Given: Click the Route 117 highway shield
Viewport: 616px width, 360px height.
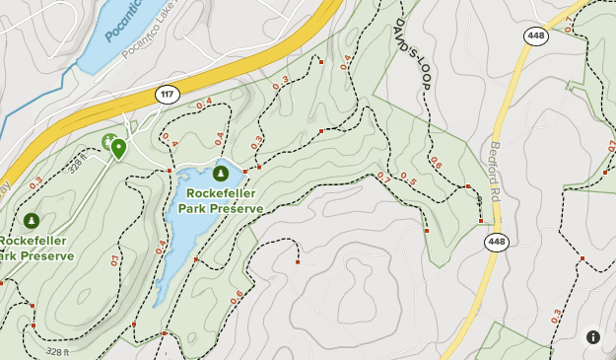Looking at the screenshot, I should [x=167, y=95].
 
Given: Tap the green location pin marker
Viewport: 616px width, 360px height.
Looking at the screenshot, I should [x=119, y=148].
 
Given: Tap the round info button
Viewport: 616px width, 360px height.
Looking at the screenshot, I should [x=593, y=337].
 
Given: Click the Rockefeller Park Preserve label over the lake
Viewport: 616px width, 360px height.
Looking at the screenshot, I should [x=224, y=201].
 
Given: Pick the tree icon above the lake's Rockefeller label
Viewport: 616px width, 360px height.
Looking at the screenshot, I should [x=220, y=174].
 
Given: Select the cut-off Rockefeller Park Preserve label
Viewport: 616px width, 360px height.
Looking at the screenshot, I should [x=35, y=249].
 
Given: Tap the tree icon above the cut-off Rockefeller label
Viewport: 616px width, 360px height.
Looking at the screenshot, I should [x=32, y=221].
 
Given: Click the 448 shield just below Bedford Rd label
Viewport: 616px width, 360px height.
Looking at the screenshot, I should [x=497, y=242].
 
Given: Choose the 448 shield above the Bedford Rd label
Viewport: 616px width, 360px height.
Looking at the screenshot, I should [x=535, y=36].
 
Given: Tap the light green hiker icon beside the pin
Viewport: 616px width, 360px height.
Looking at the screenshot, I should [x=107, y=142].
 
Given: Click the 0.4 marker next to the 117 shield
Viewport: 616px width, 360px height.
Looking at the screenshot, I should [x=204, y=104].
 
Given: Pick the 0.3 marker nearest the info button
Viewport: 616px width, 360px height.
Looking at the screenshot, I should [x=557, y=317].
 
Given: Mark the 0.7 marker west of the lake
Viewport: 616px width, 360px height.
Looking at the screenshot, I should [x=115, y=261].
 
